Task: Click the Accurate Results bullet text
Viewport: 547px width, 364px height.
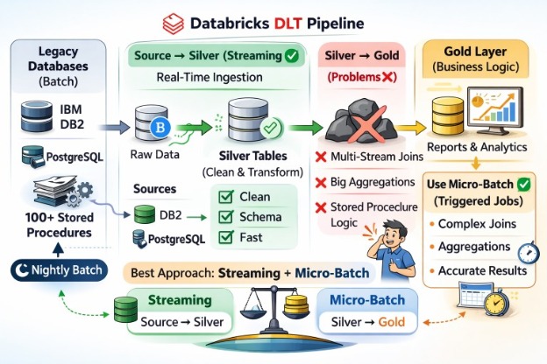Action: [x=482, y=270]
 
